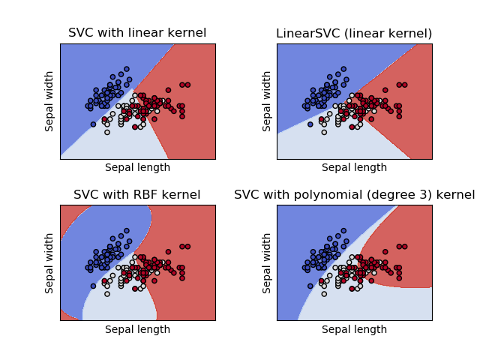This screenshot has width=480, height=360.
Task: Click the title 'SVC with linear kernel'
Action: tap(137, 33)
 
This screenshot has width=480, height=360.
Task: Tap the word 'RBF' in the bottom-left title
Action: tap(141, 195)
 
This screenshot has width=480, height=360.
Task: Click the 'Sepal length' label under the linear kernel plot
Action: tap(137, 167)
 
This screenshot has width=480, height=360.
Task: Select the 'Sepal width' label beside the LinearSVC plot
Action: tap(267, 101)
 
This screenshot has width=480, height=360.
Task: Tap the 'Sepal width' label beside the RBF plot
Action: tap(50, 262)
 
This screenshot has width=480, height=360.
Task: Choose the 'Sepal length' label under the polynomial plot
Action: tap(354, 329)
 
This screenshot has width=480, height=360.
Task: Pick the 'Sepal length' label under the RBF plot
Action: tap(137, 329)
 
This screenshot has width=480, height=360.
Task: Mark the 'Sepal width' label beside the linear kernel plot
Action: tap(50, 101)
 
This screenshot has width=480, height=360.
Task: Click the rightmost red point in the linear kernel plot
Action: tap(187, 85)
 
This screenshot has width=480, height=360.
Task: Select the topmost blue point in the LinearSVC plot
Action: tap(343, 69)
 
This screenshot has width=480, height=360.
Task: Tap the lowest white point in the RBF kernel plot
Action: tap(106, 294)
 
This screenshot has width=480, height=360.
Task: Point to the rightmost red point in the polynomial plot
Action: tap(403, 246)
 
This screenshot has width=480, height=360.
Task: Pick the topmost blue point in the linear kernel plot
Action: tap(126, 69)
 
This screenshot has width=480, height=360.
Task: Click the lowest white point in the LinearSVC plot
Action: tap(323, 132)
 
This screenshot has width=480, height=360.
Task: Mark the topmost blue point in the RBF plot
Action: tap(126, 230)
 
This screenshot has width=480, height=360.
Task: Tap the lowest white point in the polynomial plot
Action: tap(323, 294)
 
